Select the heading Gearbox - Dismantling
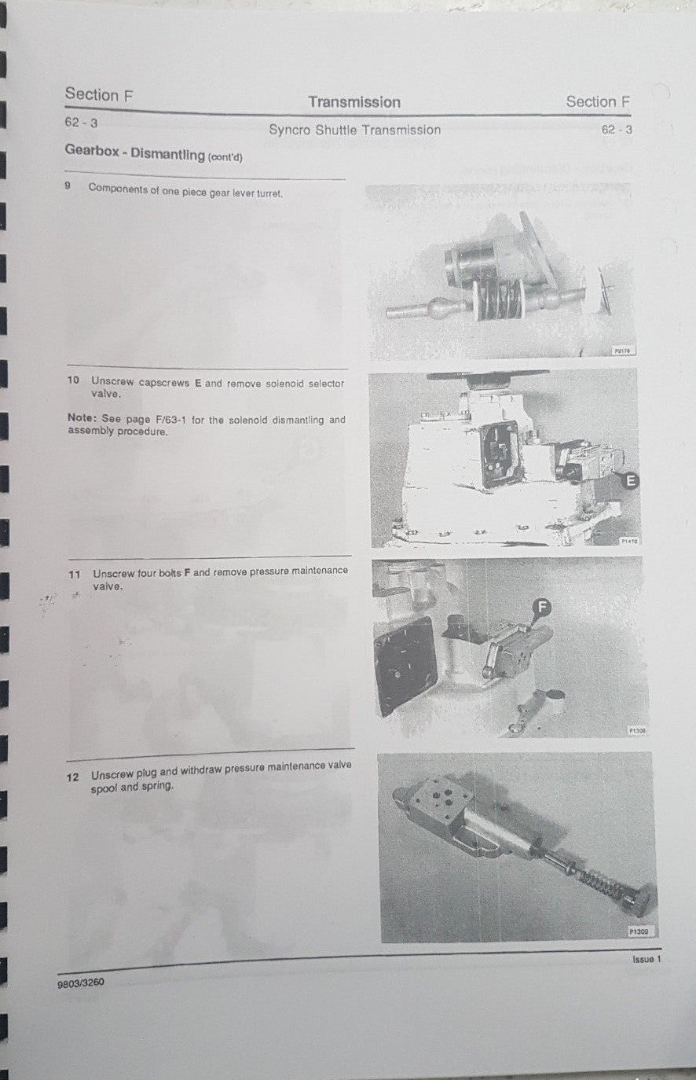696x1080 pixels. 134,154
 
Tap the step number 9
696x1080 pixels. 69,187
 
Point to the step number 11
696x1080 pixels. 75,575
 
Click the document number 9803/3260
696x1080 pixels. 80,983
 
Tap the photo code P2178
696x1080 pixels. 622,351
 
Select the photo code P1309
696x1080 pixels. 639,931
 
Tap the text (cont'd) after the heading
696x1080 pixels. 225,157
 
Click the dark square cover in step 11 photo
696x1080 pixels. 405,664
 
